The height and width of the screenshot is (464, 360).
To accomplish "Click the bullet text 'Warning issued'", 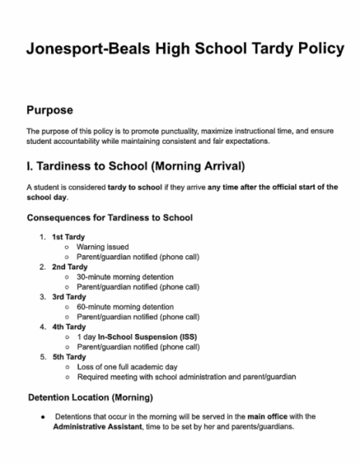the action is click(103, 247).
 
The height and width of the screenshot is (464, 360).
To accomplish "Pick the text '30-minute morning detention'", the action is click(124, 276).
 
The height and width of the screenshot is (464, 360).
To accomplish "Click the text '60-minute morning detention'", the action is click(124, 306).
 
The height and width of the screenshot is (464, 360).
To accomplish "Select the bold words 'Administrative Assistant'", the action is click(97, 428).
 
